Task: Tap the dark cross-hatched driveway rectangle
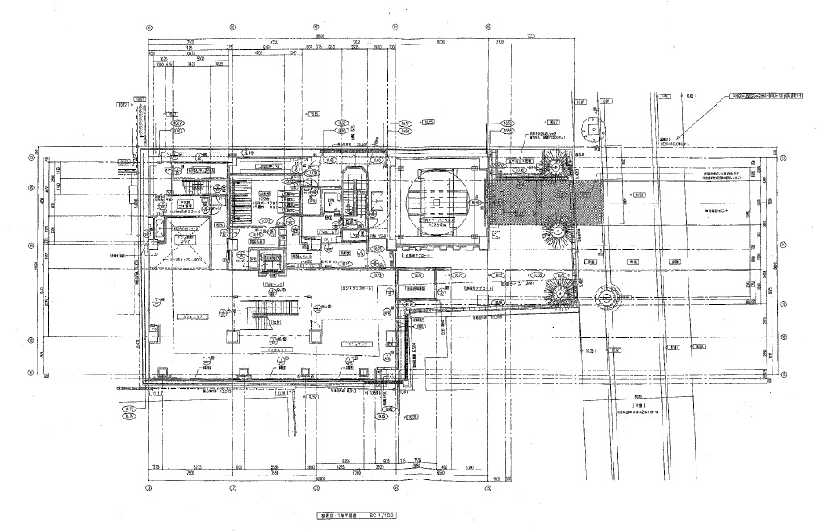pos(529,202)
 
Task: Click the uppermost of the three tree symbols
pos(555,166)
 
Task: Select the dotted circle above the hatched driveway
pos(594,129)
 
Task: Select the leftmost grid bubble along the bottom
pos(148,488)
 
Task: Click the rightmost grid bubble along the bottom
pos(488,488)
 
